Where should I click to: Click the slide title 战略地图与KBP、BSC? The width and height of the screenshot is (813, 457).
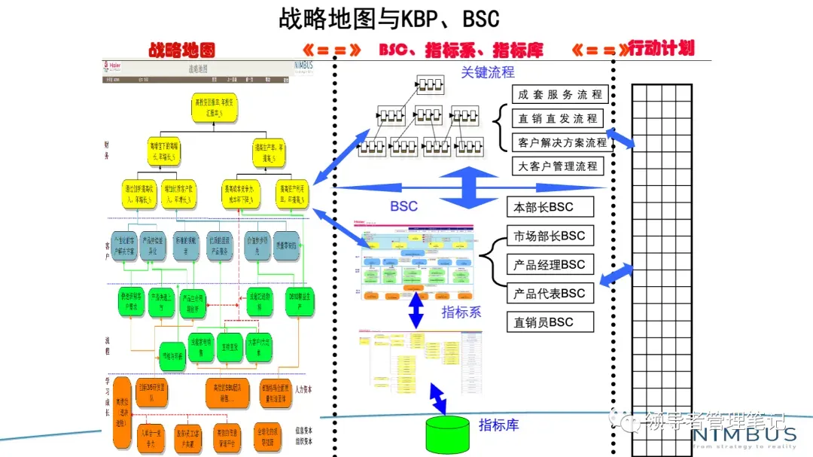click(389, 18)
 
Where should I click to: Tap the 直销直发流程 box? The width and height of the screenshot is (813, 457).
click(558, 118)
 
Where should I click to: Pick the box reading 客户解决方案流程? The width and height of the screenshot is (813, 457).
click(562, 142)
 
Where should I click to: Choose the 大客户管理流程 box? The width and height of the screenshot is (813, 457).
click(558, 166)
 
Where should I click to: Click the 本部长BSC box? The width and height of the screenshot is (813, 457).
click(550, 207)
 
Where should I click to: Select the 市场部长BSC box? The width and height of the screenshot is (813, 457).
click(550, 236)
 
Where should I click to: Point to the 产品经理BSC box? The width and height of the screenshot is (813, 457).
click(550, 264)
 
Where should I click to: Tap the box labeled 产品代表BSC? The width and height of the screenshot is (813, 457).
click(550, 293)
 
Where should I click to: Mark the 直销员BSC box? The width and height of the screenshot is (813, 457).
click(550, 321)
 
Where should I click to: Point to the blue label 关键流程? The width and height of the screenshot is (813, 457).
click(488, 72)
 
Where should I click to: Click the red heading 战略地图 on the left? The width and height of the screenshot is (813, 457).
click(181, 50)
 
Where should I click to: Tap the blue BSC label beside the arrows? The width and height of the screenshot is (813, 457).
click(403, 206)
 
